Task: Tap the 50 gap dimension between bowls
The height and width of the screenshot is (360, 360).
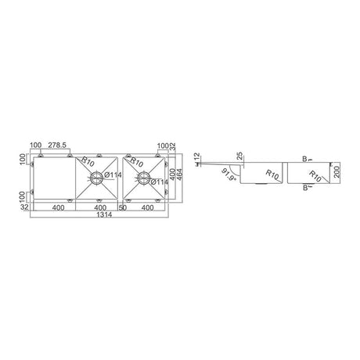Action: [124, 207]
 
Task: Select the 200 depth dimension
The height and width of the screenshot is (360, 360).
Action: [337, 171]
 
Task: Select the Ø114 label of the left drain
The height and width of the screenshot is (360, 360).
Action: [112, 175]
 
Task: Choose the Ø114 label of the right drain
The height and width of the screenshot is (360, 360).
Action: [157, 184]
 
